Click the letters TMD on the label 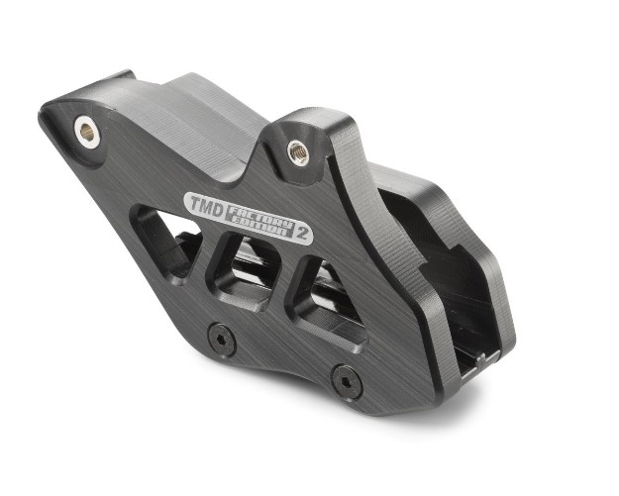click(204, 205)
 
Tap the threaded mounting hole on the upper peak click(297, 151)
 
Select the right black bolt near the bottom click(346, 377)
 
